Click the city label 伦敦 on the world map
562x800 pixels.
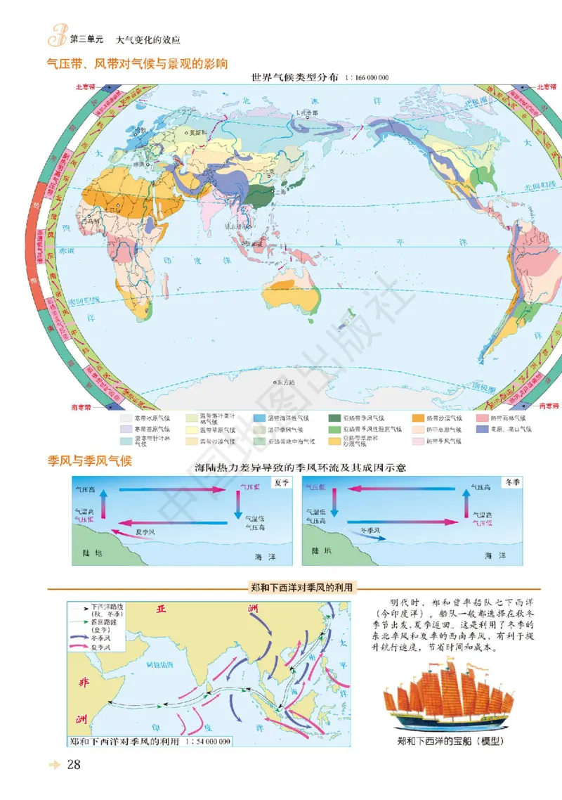coord(142,131)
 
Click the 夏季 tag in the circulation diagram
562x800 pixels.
coord(282,484)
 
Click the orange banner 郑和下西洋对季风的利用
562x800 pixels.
coord(303,588)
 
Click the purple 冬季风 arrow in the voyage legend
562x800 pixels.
coord(79,638)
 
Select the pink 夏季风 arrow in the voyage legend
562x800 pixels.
coord(79,647)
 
